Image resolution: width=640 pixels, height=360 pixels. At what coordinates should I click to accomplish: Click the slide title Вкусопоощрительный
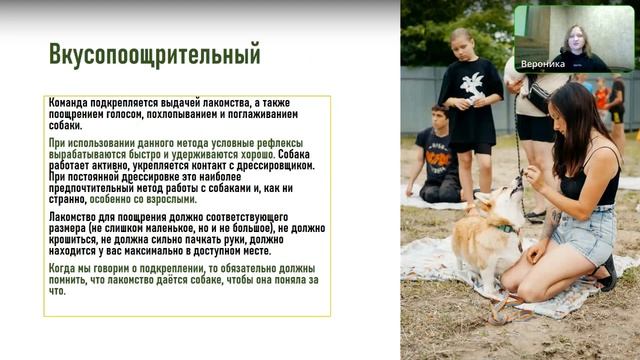point(154,53)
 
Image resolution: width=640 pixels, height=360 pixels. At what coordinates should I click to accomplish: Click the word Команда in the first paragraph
point(73,104)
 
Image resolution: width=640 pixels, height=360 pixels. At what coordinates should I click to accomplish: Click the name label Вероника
point(543,61)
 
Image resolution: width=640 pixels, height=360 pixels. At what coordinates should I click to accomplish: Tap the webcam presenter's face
point(577,37)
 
